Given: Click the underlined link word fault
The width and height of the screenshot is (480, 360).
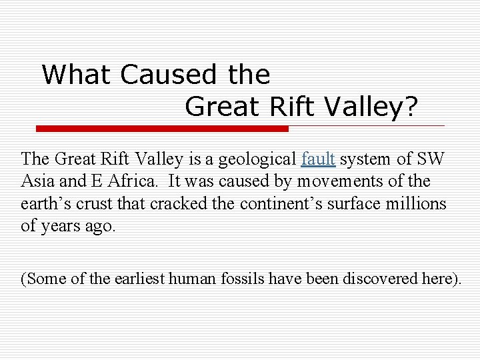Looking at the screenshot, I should pos(317,159).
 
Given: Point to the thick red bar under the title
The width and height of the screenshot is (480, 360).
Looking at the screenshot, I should pos(162,128).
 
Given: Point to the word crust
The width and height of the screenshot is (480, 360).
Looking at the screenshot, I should pos(87,203).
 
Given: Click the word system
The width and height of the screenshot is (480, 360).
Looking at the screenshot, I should pos(365,160).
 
